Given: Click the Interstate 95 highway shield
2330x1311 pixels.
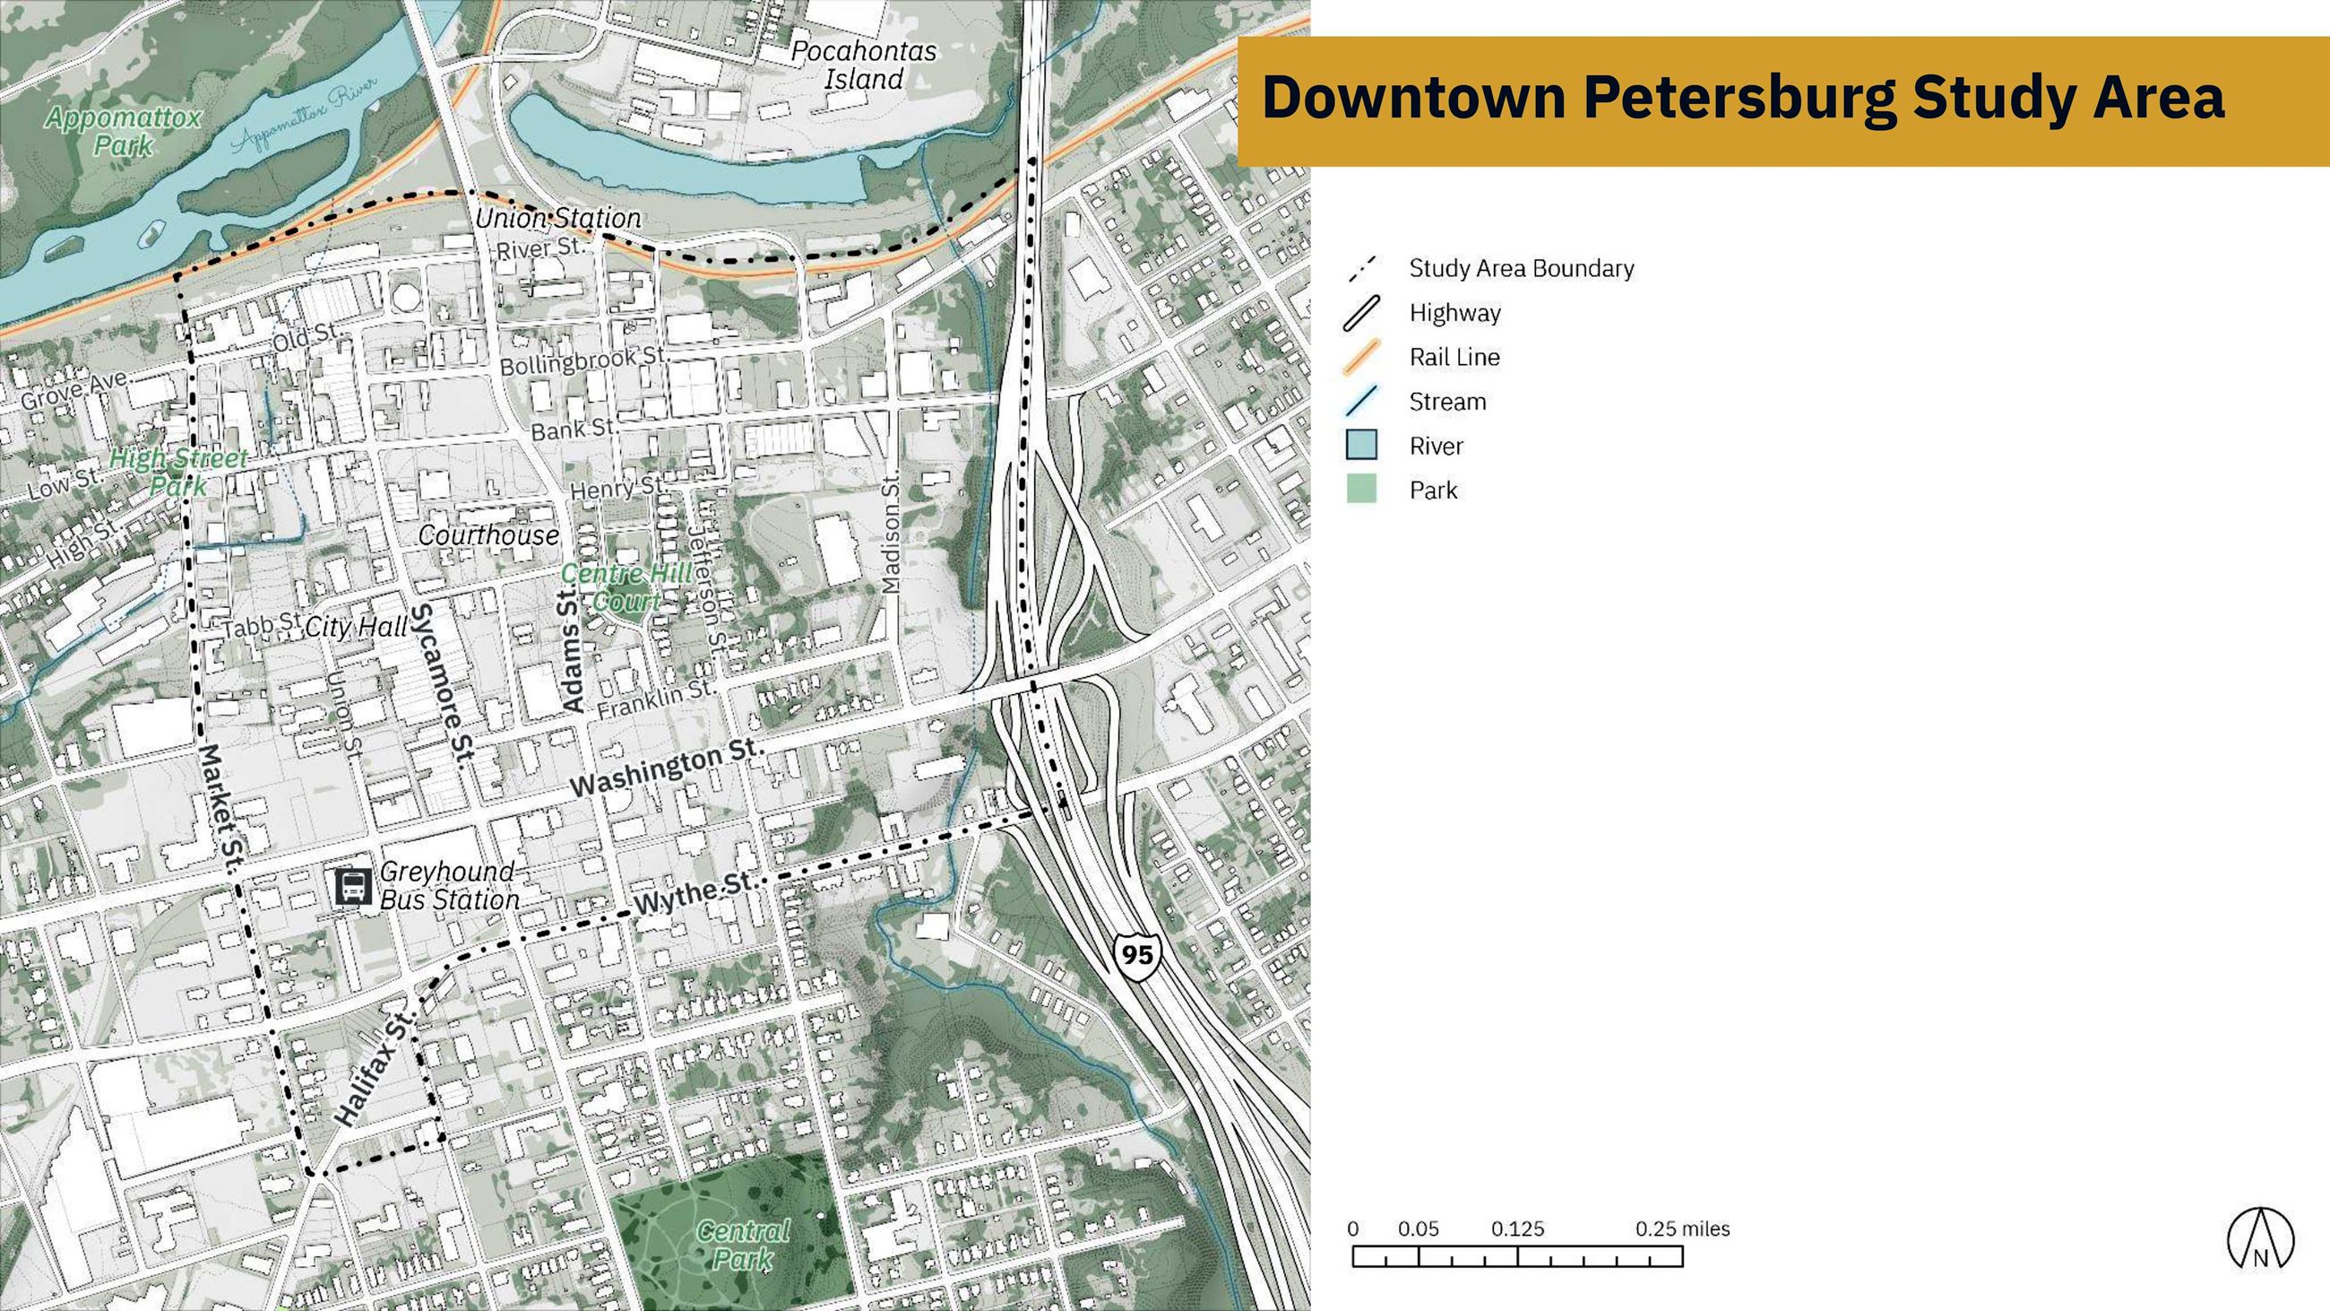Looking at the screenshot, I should click(x=1136, y=954).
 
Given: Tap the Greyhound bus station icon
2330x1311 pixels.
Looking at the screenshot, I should click(x=353, y=887).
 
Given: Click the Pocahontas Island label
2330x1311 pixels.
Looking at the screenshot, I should click(x=863, y=65).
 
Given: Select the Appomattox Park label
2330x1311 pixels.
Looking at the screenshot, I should click(x=123, y=130).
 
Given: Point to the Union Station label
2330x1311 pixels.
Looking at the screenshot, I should click(x=558, y=218).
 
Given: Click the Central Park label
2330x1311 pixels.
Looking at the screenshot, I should click(x=744, y=1244).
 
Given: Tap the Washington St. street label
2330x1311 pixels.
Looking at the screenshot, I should click(x=668, y=769).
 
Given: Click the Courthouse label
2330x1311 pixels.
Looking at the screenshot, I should click(x=488, y=535).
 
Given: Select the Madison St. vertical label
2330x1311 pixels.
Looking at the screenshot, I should click(x=892, y=534).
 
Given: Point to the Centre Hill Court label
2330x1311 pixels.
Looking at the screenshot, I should click(x=626, y=587).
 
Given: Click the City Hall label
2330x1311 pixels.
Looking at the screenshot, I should click(x=357, y=627).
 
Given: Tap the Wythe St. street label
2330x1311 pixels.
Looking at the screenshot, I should click(x=694, y=894).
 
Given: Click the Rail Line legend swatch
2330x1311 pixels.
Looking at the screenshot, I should click(x=1361, y=357).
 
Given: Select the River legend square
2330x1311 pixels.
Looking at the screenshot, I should click(x=1361, y=445).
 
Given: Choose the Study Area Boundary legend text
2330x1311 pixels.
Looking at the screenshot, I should click(x=1522, y=269).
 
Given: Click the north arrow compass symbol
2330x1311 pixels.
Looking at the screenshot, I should click(x=2259, y=1237).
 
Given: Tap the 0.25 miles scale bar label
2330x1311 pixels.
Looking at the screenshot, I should click(x=1681, y=1229).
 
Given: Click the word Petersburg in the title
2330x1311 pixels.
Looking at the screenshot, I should click(x=1739, y=97).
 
